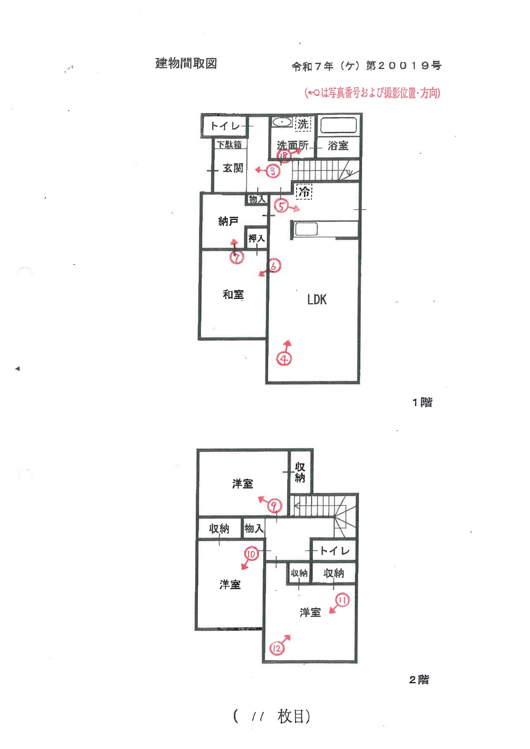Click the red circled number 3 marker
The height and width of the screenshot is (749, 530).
(273, 171)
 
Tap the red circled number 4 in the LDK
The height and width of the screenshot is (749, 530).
(284, 359)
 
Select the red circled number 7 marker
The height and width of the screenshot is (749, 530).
(236, 257)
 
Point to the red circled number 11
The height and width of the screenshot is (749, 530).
(342, 600)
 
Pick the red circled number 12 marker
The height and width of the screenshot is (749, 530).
(277, 648)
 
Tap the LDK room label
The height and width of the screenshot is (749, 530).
(317, 300)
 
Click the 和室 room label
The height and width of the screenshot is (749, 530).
(233, 295)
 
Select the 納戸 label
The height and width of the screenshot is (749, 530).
(228, 221)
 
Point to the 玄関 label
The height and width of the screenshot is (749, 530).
(233, 168)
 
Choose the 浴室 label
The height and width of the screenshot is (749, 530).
(338, 145)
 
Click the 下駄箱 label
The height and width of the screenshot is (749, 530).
(229, 144)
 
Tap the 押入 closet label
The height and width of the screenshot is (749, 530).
(257, 238)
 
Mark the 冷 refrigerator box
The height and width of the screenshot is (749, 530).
(304, 192)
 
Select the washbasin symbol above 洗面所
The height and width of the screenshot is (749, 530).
(282, 122)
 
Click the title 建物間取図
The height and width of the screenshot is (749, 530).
(186, 63)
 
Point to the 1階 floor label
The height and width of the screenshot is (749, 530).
(422, 402)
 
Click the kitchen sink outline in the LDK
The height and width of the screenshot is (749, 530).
(306, 229)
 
